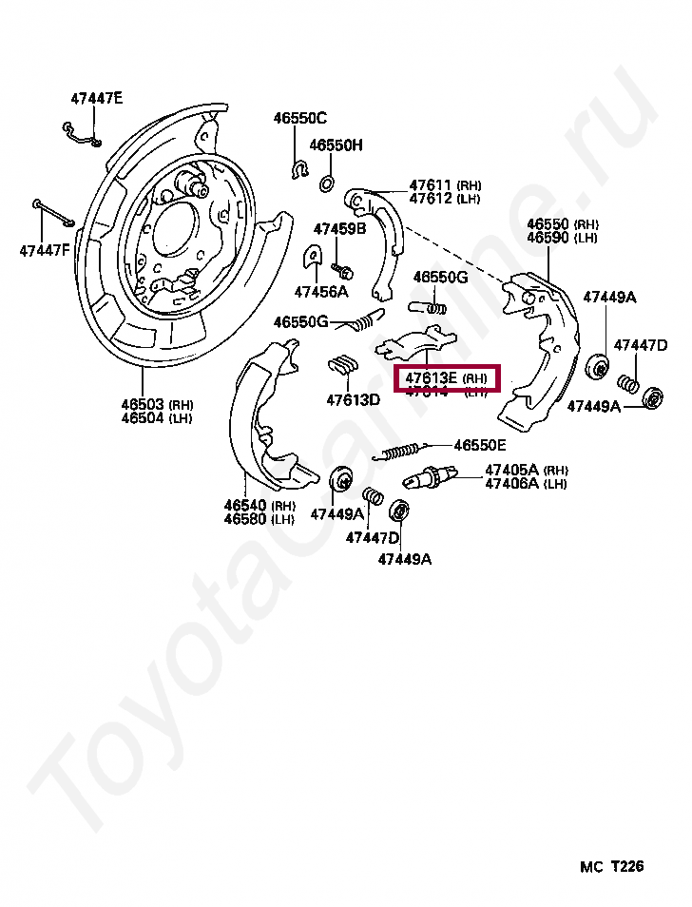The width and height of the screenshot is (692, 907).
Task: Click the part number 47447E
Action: (x=97, y=98)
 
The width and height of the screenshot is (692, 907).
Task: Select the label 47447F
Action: (x=45, y=251)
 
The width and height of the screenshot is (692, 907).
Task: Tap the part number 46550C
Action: (x=299, y=119)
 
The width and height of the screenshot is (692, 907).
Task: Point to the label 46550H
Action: (x=336, y=145)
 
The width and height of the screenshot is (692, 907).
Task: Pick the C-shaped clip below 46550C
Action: (x=299, y=171)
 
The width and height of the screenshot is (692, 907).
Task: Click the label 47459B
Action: (x=339, y=229)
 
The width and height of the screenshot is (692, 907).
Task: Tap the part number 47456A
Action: (x=321, y=292)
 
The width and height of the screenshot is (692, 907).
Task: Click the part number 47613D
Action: (x=353, y=399)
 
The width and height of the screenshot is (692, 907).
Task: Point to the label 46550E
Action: (x=480, y=445)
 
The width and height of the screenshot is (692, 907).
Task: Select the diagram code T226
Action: (x=627, y=866)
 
